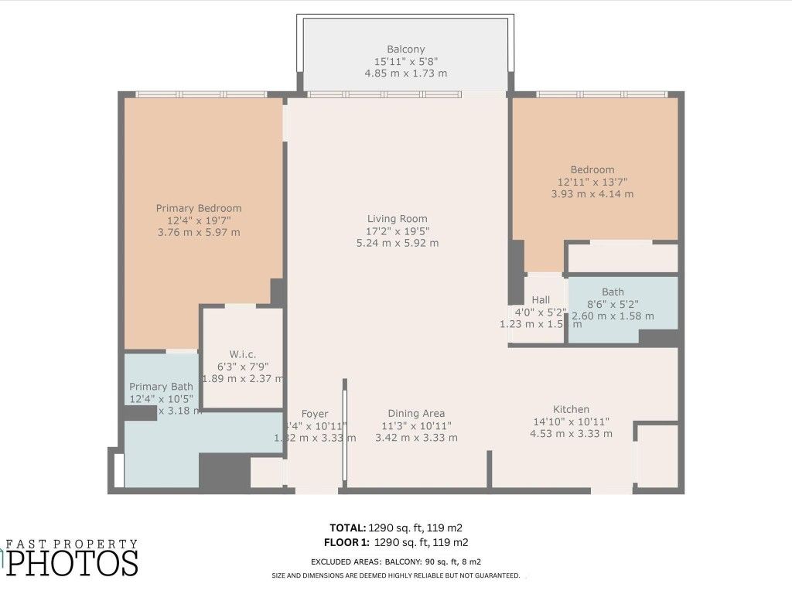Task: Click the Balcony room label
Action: (406, 49)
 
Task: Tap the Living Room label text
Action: (397, 219)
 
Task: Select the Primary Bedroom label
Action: (199, 208)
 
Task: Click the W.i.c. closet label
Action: (242, 354)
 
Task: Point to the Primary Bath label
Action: (161, 387)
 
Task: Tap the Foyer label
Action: (315, 413)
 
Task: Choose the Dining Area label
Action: (416, 413)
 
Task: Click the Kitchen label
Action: (571, 409)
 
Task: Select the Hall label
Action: (541, 300)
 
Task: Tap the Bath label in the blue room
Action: (613, 292)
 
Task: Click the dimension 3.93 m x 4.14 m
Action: (592, 194)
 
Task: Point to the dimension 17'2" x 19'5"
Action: (397, 230)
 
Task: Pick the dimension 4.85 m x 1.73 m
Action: (406, 73)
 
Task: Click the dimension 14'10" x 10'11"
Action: (571, 422)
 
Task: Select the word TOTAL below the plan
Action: (350, 527)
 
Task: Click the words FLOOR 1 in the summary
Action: (346, 542)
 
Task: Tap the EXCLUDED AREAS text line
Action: (398, 562)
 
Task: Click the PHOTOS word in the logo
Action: (73, 563)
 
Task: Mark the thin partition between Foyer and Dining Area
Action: (345, 433)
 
